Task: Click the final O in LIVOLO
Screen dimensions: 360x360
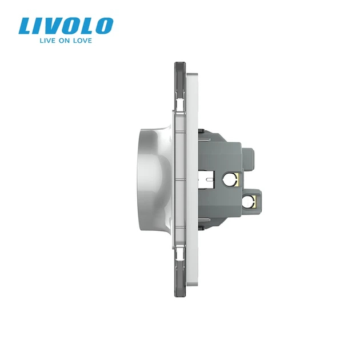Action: [105, 26]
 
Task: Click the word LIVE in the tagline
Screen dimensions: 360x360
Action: [47, 41]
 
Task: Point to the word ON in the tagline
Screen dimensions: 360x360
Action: [64, 41]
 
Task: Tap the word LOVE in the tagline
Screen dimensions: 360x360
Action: [82, 41]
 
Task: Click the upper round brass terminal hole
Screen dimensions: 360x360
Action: [230, 179]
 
